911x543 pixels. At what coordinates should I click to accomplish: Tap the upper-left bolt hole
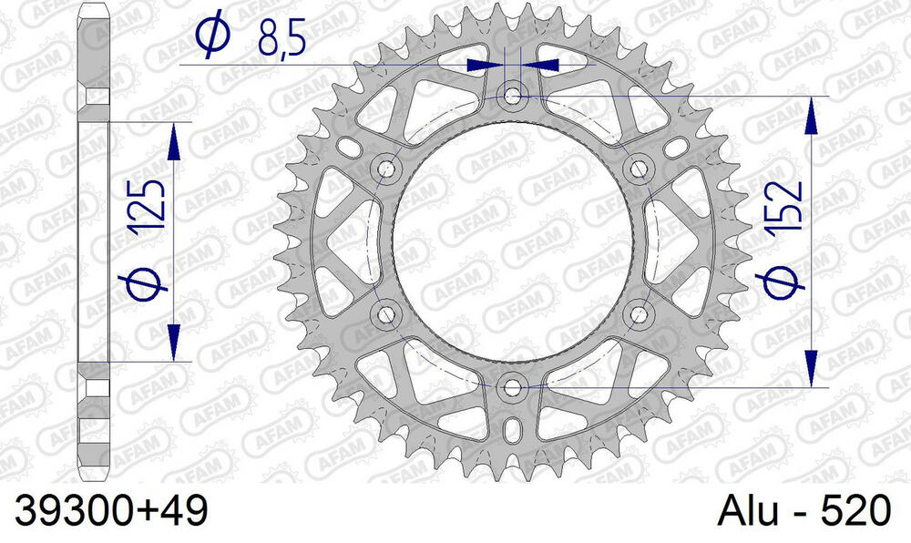387,169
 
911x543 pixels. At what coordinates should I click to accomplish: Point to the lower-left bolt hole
387,314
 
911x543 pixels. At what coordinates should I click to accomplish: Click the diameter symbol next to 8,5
210,36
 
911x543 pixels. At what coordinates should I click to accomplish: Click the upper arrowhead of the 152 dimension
810,107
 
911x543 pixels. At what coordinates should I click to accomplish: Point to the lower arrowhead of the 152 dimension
810,376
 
